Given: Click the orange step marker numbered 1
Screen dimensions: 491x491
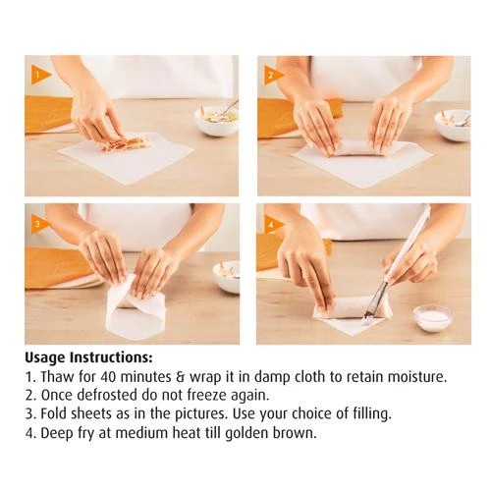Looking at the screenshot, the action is pyautogui.click(x=40, y=75).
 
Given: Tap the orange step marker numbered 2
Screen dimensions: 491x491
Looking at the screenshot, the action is pyautogui.click(x=273, y=76).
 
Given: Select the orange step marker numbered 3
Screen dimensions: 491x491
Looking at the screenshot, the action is pyautogui.click(x=40, y=224).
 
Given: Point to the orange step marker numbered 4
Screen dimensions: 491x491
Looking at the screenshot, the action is pyautogui.click(x=273, y=225).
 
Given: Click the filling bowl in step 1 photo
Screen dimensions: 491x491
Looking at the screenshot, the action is pyautogui.click(x=217, y=120).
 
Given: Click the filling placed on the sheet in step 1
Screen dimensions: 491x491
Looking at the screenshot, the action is pyautogui.click(x=125, y=144).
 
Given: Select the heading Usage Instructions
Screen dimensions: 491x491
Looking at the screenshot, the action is pyautogui.click(x=88, y=358).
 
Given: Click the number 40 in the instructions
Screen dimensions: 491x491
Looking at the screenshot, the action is pyautogui.click(x=108, y=377).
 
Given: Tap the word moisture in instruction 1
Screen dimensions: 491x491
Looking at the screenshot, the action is pyautogui.click(x=417, y=377).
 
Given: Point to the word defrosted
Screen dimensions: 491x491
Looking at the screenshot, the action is pyautogui.click(x=107, y=396).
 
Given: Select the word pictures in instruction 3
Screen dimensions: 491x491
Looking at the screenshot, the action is pyautogui.click(x=201, y=414).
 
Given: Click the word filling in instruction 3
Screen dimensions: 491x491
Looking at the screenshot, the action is pyautogui.click(x=372, y=414).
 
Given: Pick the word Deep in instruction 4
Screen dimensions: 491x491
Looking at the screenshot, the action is pyautogui.click(x=55, y=434).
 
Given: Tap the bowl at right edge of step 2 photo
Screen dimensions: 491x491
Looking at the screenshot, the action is pyautogui.click(x=453, y=126).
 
